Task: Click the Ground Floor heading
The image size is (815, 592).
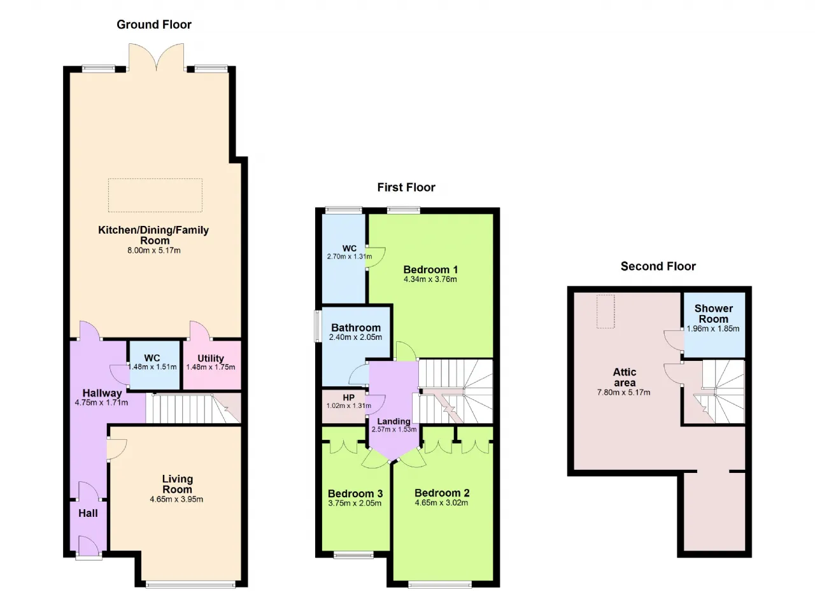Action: (154, 25)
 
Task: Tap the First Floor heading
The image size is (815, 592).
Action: (406, 187)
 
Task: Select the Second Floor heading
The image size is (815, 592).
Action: (658, 266)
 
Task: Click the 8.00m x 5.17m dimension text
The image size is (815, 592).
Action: (154, 250)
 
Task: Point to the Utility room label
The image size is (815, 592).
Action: (211, 358)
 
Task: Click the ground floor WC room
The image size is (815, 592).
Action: (155, 365)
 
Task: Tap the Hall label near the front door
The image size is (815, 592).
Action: (88, 513)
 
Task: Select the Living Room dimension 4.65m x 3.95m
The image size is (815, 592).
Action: (176, 499)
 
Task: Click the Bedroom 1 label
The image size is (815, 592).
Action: (430, 269)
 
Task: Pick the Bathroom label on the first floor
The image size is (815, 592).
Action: (356, 328)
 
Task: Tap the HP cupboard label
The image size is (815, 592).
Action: (348, 398)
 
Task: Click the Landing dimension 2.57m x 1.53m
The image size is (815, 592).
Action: (394, 429)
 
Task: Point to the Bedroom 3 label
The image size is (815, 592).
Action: (355, 493)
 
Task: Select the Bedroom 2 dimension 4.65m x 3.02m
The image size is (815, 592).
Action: (441, 502)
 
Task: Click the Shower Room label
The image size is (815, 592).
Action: (714, 313)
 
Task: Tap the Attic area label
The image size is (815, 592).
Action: (625, 377)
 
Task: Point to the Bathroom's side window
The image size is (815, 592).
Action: (318, 326)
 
